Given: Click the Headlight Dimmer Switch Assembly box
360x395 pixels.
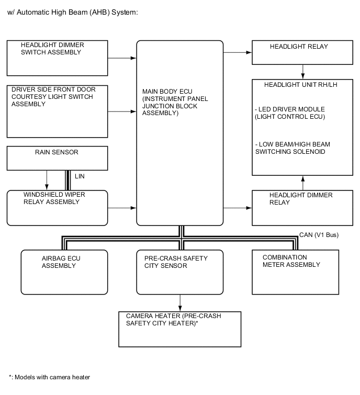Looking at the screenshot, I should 58,58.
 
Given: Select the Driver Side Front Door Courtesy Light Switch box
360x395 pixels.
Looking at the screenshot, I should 58,111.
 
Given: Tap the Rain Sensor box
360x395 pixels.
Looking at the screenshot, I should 57,159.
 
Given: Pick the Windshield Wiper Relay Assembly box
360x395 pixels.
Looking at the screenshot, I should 57,208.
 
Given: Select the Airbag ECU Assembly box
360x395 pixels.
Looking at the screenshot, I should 64,272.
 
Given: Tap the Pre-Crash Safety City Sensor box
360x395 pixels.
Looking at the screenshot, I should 179,272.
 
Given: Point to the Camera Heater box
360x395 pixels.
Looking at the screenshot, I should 181,329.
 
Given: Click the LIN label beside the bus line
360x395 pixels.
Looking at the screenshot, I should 80,176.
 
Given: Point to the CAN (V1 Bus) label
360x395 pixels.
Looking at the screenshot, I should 319,235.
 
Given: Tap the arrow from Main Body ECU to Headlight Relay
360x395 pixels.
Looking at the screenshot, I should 238,52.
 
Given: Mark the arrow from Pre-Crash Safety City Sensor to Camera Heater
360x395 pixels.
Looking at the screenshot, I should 180,303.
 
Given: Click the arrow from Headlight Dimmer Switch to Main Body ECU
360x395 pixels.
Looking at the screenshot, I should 122,58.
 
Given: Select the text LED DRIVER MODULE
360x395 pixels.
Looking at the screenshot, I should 290,109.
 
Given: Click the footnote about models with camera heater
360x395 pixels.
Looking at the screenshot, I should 50,377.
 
